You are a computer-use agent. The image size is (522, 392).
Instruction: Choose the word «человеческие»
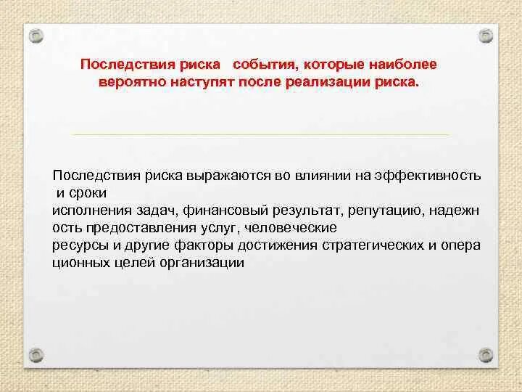(286, 228)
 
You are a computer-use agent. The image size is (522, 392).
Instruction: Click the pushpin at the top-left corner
(35, 36)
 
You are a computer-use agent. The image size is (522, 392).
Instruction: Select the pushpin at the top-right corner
(486, 36)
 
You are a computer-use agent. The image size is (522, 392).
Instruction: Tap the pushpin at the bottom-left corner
(35, 356)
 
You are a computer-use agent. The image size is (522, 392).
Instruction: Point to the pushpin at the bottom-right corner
(486, 356)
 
